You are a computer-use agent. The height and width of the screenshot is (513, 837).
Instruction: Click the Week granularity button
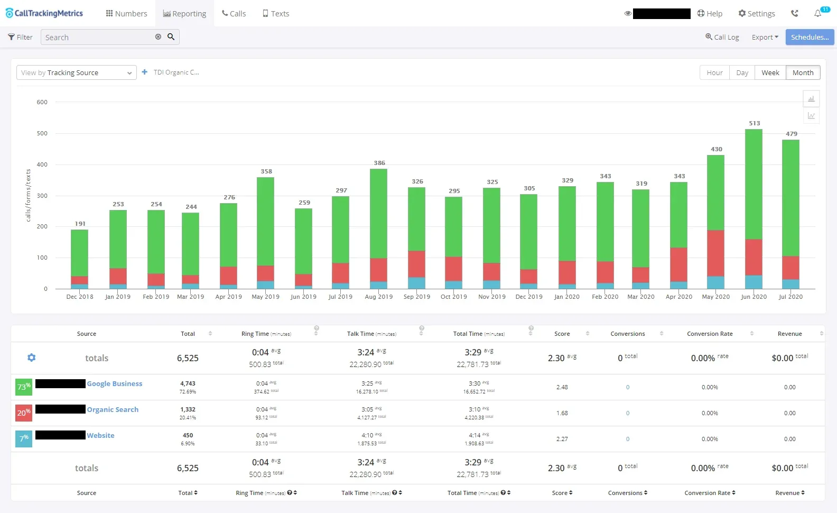pyautogui.click(x=770, y=73)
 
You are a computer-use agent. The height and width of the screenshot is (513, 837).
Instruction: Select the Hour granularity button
pyautogui.click(x=714, y=73)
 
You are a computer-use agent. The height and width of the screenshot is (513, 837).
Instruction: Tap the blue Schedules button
pyautogui.click(x=810, y=37)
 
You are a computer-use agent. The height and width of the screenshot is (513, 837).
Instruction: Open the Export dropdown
pyautogui.click(x=765, y=38)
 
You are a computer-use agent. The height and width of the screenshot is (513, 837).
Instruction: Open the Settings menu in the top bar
pyautogui.click(x=757, y=14)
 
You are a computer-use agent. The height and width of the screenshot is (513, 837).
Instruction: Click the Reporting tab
pyautogui.click(x=184, y=14)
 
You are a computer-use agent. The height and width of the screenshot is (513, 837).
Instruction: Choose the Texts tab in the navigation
pyautogui.click(x=276, y=14)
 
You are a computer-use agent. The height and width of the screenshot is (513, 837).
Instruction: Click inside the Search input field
pyautogui.click(x=98, y=38)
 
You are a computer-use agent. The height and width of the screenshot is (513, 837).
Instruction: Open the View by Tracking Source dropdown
pyautogui.click(x=77, y=73)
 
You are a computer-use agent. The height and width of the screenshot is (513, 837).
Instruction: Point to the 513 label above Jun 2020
pyautogui.click(x=754, y=123)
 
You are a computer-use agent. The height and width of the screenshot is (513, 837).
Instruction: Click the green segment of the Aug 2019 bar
pyautogui.click(x=378, y=213)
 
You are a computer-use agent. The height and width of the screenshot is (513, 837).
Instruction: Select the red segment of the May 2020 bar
pyautogui.click(x=715, y=253)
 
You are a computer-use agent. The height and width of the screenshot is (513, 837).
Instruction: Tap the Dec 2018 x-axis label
pyautogui.click(x=80, y=297)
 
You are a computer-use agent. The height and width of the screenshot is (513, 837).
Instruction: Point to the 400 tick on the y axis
pyautogui.click(x=42, y=164)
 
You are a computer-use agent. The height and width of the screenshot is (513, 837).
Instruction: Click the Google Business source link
pyautogui.click(x=115, y=384)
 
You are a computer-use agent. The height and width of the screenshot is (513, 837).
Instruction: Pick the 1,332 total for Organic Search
pyautogui.click(x=188, y=409)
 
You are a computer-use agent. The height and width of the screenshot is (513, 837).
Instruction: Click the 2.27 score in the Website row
pyautogui.click(x=562, y=439)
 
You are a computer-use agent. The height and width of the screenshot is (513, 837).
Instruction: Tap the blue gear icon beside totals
pyautogui.click(x=31, y=358)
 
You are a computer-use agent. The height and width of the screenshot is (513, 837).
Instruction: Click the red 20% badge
pyautogui.click(x=24, y=413)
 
